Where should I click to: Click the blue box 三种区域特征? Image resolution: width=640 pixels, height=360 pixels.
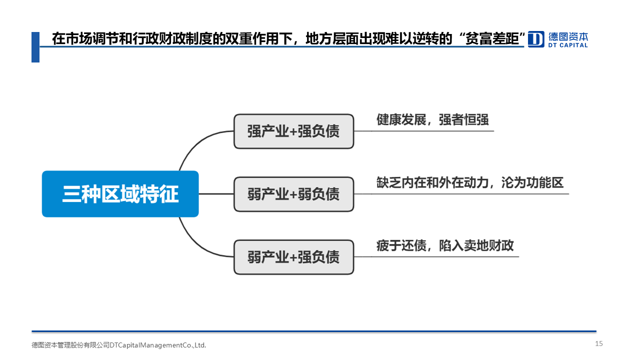click(x=120, y=194)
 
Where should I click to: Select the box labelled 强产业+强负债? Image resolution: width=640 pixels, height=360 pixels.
click(x=293, y=131)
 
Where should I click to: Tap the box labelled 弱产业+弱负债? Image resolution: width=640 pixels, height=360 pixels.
click(x=293, y=194)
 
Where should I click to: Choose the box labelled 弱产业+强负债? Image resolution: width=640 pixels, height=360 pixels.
click(x=293, y=257)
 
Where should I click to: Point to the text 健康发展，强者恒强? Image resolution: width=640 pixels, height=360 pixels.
click(x=432, y=119)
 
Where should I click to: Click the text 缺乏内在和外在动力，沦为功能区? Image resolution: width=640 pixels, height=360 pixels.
click(x=470, y=182)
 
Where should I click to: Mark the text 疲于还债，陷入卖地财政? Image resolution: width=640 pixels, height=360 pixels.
click(x=445, y=245)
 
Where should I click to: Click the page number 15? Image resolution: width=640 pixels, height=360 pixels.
click(x=599, y=343)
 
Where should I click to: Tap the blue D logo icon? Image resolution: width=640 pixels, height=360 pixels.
click(x=536, y=39)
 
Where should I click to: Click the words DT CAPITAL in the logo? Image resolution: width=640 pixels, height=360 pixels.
click(x=568, y=45)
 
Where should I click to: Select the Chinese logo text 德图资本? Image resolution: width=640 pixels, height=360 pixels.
click(x=568, y=36)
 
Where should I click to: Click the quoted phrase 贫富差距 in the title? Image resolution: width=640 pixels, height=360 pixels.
click(x=492, y=38)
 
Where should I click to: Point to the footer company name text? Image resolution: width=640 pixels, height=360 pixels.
click(x=119, y=345)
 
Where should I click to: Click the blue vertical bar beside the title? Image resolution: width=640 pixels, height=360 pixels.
click(x=35, y=47)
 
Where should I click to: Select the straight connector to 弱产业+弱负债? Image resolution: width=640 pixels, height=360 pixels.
click(x=216, y=194)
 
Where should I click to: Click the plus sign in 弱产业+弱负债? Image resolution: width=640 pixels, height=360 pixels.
click(x=293, y=194)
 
